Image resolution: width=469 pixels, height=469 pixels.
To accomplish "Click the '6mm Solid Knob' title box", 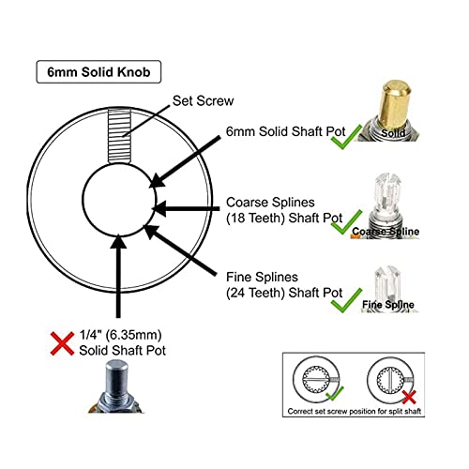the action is [x=98, y=72].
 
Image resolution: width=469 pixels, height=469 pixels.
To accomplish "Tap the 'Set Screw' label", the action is [x=203, y=101].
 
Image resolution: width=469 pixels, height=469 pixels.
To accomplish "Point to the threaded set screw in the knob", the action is [x=119, y=136].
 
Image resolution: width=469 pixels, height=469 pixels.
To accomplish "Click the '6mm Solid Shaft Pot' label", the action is [x=285, y=131].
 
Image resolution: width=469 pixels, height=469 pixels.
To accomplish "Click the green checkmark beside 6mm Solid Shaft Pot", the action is [x=346, y=137].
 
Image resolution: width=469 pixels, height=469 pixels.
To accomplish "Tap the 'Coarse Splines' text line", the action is [x=270, y=203].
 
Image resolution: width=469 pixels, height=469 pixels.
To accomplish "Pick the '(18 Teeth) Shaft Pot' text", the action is [x=284, y=218].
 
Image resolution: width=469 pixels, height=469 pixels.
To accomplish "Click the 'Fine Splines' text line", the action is [x=262, y=277].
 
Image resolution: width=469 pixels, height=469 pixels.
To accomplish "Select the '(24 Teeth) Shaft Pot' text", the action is [x=284, y=293].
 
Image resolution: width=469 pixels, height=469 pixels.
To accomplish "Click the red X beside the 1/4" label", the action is [x=62, y=343].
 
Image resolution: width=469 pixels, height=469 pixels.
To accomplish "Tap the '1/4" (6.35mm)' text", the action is [x=120, y=335].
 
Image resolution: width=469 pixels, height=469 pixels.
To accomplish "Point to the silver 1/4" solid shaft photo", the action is [x=116, y=386].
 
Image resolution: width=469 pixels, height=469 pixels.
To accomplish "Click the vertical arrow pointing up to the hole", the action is [x=118, y=276].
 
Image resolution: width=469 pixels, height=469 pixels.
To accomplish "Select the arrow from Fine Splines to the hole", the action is [x=180, y=250].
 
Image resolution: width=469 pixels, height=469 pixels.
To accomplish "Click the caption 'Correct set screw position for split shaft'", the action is [x=355, y=411].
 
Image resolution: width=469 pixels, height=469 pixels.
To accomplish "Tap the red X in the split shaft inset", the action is [x=409, y=397].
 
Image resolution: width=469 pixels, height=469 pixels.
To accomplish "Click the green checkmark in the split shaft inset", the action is [x=335, y=393].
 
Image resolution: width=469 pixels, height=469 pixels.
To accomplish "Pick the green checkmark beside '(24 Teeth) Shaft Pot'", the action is [x=346, y=300].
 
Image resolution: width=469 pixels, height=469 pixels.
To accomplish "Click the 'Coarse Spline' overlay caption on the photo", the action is [x=386, y=232].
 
